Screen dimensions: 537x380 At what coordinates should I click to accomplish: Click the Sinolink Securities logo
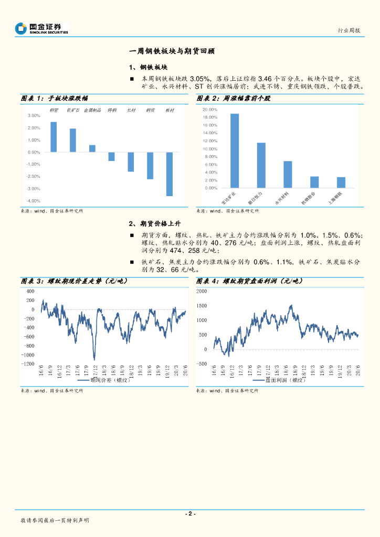42,28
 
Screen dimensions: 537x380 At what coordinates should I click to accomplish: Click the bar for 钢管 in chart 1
54,137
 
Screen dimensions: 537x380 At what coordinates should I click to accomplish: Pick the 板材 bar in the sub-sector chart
170,174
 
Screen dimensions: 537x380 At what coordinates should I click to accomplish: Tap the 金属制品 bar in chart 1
92,148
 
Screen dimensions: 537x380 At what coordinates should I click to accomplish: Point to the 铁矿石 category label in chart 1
73,111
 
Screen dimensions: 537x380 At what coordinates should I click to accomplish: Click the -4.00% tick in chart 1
34,201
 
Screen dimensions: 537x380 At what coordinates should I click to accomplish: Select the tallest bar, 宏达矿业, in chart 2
235,151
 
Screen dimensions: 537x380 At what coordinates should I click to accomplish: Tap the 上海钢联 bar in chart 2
341,182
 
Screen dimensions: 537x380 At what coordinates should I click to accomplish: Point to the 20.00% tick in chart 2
210,110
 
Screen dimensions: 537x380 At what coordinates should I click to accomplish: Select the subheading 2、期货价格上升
152,223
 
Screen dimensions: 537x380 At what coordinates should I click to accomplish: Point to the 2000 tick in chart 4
202,291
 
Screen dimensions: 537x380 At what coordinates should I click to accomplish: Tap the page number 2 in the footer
190,513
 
